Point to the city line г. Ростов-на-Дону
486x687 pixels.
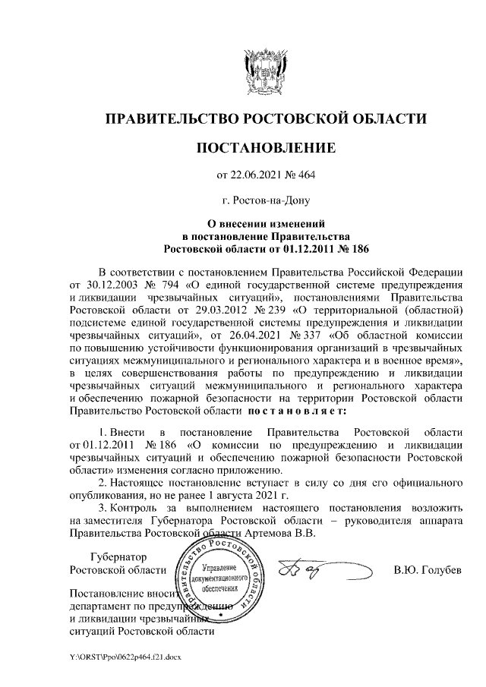[266, 201]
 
